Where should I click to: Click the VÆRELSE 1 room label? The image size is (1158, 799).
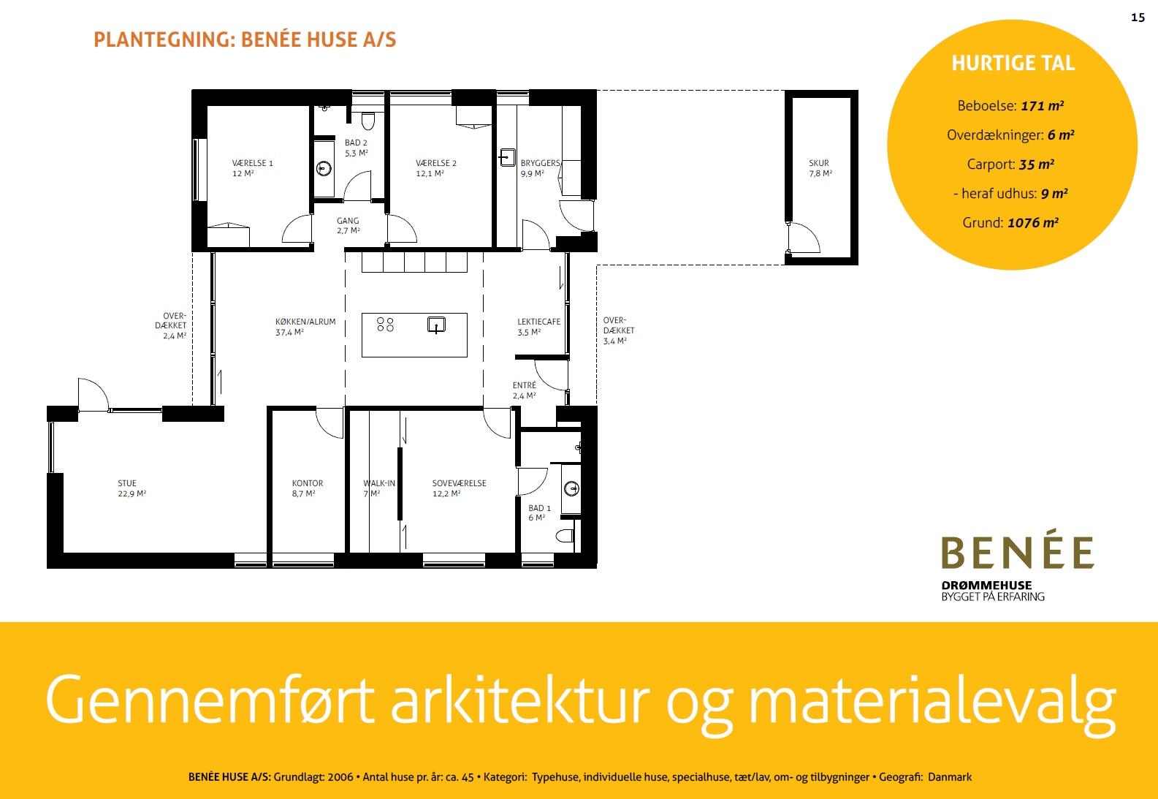click(252, 168)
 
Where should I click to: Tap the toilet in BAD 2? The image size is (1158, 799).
click(367, 121)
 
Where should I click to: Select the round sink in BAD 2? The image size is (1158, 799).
click(324, 169)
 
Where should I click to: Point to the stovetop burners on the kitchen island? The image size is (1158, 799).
click(385, 325)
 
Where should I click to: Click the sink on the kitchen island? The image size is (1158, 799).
click(436, 325)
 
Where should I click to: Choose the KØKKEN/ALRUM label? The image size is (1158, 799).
click(305, 327)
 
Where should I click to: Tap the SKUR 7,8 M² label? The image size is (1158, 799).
click(820, 168)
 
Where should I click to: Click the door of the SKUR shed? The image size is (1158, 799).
click(803, 238)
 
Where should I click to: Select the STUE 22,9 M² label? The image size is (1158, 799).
click(132, 488)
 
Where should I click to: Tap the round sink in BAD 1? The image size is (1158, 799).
click(572, 488)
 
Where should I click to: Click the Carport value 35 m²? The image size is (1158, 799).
click(1036, 164)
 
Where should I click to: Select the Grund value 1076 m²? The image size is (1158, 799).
click(1033, 223)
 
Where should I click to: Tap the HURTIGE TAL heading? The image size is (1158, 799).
click(1013, 63)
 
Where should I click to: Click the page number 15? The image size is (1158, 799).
click(1138, 18)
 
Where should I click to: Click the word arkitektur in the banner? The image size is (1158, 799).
click(520, 701)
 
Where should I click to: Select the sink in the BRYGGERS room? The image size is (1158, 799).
click(507, 157)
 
